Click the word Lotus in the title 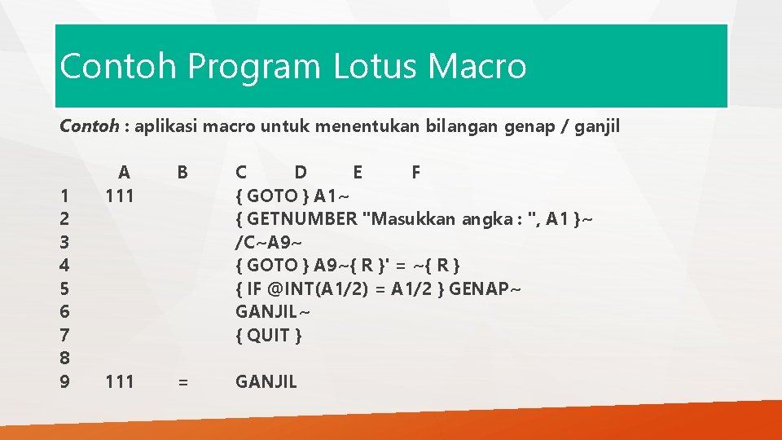[x=375, y=66]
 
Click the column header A [x=123, y=172]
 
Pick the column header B [x=182, y=172]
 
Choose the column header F [x=416, y=172]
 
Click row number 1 [x=65, y=196]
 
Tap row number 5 [x=65, y=288]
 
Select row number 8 [x=65, y=358]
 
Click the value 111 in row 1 [x=120, y=196]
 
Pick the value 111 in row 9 [x=120, y=381]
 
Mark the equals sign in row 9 [x=182, y=381]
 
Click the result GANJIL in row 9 [x=266, y=381]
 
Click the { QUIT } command [x=269, y=335]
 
